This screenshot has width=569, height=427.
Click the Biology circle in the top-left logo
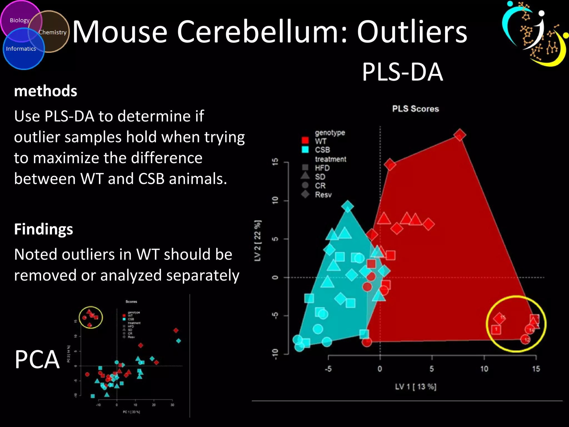pos(19,20)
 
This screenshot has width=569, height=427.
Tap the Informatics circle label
pos(21,49)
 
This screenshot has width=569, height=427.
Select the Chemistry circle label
pos(53,32)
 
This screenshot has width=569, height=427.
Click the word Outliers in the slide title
pos(412,32)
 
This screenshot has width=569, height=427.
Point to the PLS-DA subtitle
pos(402,72)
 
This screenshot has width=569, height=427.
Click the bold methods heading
pos(46,91)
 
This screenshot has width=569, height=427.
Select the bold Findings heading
pos(44,229)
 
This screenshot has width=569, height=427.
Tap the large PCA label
pos(37,359)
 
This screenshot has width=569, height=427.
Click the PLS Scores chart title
pos(415,109)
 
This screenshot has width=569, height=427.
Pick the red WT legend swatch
pos(305,140)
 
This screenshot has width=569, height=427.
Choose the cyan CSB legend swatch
pos(305,150)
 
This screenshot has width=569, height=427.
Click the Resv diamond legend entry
pos(317,194)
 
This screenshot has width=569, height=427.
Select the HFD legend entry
pos(317,168)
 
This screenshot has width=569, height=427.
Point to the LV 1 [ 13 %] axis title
pos(416,387)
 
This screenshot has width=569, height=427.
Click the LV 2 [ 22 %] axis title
pos(258,241)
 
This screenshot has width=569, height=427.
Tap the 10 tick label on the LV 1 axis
pos(484,369)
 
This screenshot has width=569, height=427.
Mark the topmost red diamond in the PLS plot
pos(460,135)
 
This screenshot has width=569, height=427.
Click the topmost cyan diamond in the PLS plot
pos(348,206)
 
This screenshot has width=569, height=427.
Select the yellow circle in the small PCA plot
pos(91,317)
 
